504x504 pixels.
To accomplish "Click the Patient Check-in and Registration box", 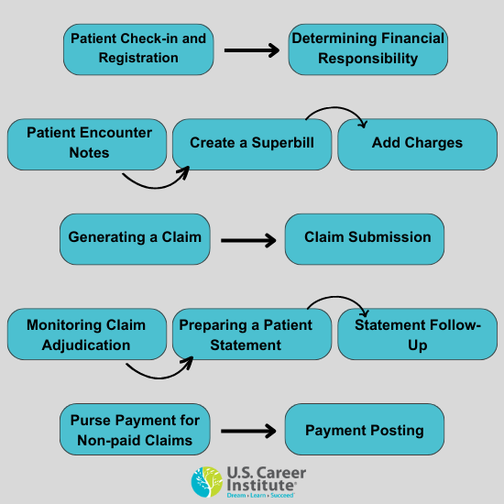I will click(x=138, y=49).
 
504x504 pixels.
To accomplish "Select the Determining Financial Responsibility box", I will click(x=367, y=49).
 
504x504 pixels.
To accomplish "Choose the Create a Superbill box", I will click(x=251, y=143).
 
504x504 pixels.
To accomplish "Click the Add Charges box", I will click(x=417, y=143).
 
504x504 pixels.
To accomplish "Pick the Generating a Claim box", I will click(x=135, y=238).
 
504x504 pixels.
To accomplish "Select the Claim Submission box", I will click(x=365, y=238).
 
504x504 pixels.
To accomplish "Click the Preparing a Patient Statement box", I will click(x=251, y=334).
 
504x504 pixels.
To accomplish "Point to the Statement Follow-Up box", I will click(x=417, y=334).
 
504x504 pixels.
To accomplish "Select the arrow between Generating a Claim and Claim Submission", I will click(x=248, y=241).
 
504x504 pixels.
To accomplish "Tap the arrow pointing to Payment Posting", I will click(x=248, y=430).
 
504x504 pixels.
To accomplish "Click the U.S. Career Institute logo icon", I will click(x=206, y=482).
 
